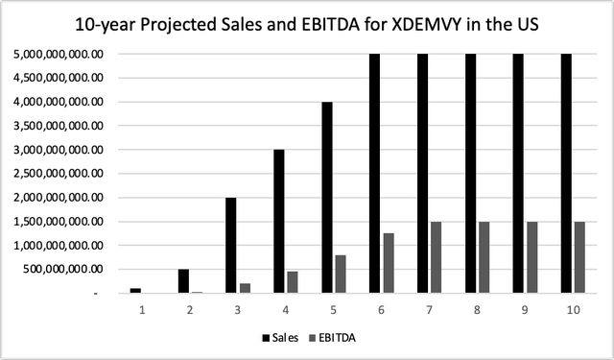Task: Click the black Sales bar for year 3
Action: [230, 245]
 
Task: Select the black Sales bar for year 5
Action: [327, 197]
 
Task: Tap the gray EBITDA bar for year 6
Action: [389, 263]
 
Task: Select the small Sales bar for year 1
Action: [135, 290]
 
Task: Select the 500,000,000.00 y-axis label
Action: [67, 270]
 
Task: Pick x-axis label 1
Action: [142, 310]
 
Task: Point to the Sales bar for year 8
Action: [472, 173]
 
